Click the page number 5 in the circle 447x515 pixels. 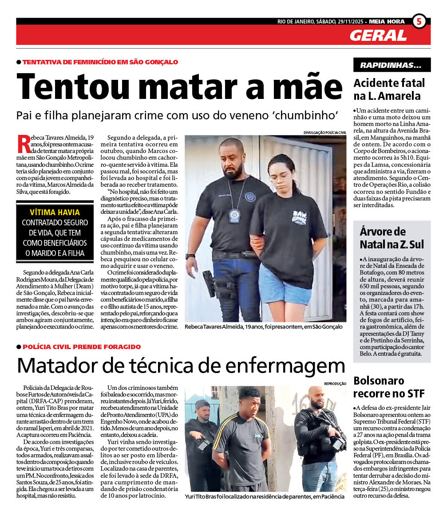coord(419,22)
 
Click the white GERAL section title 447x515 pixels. coord(378,35)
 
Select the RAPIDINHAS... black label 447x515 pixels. coord(392,65)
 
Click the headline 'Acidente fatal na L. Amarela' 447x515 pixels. coord(389,89)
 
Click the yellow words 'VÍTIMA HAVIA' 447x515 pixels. coord(55,212)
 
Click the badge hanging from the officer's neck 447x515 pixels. coord(234,215)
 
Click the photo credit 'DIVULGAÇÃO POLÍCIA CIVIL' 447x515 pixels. coord(324,132)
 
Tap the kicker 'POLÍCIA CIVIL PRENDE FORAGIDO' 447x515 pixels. coord(81,347)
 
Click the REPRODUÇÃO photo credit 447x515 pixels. coord(335,383)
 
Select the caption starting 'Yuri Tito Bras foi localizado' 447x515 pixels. coord(265,496)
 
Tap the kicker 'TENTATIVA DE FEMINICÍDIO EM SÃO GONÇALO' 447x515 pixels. coord(100,62)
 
